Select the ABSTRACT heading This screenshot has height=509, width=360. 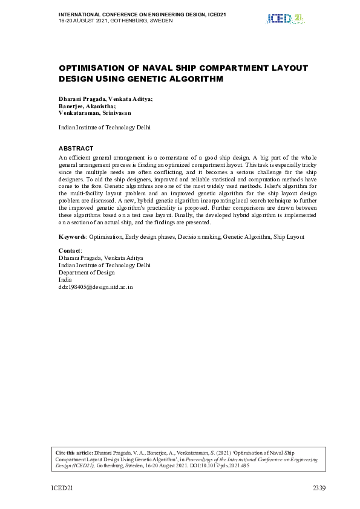pyautogui.click(x=76, y=148)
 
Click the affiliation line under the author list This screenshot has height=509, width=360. pyautogui.click(x=104, y=128)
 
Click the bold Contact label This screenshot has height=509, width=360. pyautogui.click(x=70, y=250)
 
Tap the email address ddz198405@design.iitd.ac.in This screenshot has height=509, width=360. pyautogui.click(x=95, y=287)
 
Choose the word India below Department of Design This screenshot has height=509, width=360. pyautogui.click(x=65, y=280)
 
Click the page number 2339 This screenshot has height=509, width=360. pyautogui.click(x=319, y=487)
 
